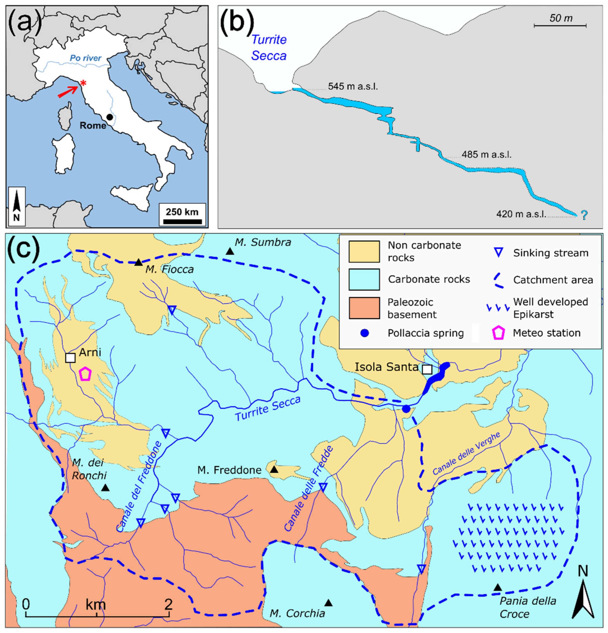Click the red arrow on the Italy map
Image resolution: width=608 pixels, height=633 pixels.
click(68, 92)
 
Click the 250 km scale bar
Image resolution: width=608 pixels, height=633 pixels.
click(182, 221)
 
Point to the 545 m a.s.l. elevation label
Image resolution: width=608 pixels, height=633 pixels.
click(353, 87)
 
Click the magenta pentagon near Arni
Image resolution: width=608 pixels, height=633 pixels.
click(85, 374)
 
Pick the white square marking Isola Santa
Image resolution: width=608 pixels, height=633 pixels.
click(427, 369)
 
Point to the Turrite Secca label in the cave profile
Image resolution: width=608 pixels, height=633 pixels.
click(269, 48)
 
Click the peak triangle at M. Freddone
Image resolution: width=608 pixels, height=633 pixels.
click(274, 469)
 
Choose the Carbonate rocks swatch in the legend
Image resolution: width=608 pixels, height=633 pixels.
click(364, 279)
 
